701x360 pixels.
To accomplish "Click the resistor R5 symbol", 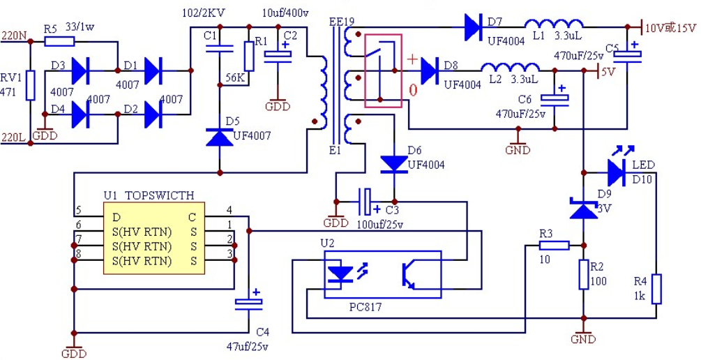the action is (x=59, y=42).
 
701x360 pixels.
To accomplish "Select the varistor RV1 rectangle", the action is (x=31, y=85).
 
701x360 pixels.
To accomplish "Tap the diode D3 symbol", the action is (x=81, y=70).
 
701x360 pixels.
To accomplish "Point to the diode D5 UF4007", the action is (x=220, y=137).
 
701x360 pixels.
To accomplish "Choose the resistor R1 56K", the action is (x=250, y=57).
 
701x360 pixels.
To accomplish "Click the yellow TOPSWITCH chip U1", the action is (x=154, y=237).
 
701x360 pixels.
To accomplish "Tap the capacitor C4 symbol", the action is (x=249, y=303).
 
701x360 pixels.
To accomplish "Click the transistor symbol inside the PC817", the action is (x=408, y=275).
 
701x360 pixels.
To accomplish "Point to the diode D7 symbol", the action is (x=472, y=27).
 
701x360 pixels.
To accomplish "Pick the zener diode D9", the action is (x=583, y=208).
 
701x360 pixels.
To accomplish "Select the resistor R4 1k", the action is (x=656, y=290).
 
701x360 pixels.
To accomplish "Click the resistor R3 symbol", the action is (x=554, y=245).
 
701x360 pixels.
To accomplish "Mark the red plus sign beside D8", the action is (x=412, y=59).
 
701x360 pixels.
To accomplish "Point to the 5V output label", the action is (x=609, y=71).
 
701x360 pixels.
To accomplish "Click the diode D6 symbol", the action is (x=394, y=164).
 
